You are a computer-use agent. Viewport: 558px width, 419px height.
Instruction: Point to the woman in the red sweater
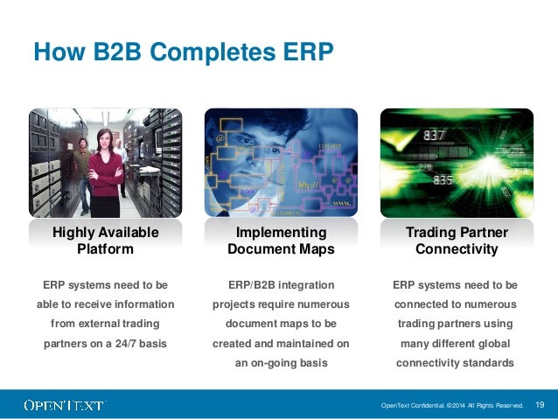tap(105, 166)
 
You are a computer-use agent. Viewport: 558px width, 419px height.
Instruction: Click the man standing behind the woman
tap(81, 162)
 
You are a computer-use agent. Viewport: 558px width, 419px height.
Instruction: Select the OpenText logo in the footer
tap(64, 405)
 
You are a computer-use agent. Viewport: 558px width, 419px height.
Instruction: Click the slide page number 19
tap(540, 404)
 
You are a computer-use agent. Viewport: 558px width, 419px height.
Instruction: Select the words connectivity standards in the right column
tap(455, 362)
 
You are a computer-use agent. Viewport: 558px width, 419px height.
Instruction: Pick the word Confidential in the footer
tap(424, 405)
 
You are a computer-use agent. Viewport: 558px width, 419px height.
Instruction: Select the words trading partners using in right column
tap(455, 324)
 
